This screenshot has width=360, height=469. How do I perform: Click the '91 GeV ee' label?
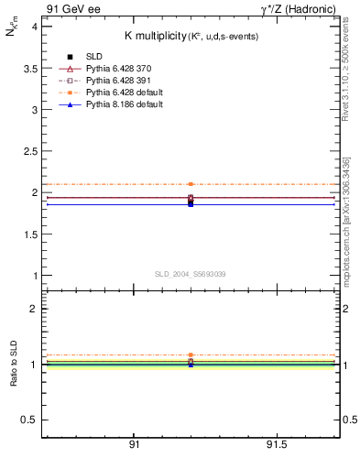[66, 9]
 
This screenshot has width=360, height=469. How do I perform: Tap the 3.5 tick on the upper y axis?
[29, 68]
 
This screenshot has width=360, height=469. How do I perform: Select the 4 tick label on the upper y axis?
[34, 27]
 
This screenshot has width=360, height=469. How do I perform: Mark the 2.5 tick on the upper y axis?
[29, 151]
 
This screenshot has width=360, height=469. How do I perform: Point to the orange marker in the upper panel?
[191, 184]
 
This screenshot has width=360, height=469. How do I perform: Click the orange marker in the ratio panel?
[191, 354]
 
